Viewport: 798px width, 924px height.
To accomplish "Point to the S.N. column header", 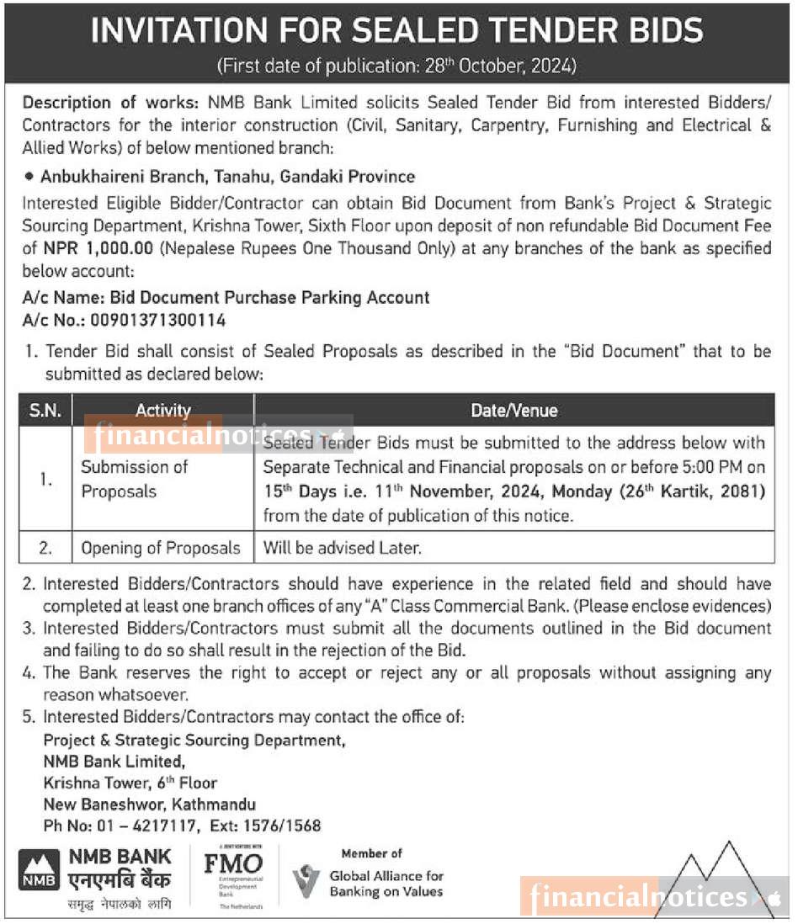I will coord(45,411).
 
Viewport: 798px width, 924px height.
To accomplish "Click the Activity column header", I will coord(162,411).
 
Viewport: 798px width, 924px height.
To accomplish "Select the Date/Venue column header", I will coord(513,411).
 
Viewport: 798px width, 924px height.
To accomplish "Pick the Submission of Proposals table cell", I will coord(135,479).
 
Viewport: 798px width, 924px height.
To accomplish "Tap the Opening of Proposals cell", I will coord(161,548).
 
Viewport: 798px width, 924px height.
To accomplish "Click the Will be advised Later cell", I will coord(342,548).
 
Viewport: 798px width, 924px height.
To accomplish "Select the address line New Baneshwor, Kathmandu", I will coord(149,805).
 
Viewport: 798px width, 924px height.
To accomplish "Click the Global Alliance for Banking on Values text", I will coord(386,884).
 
